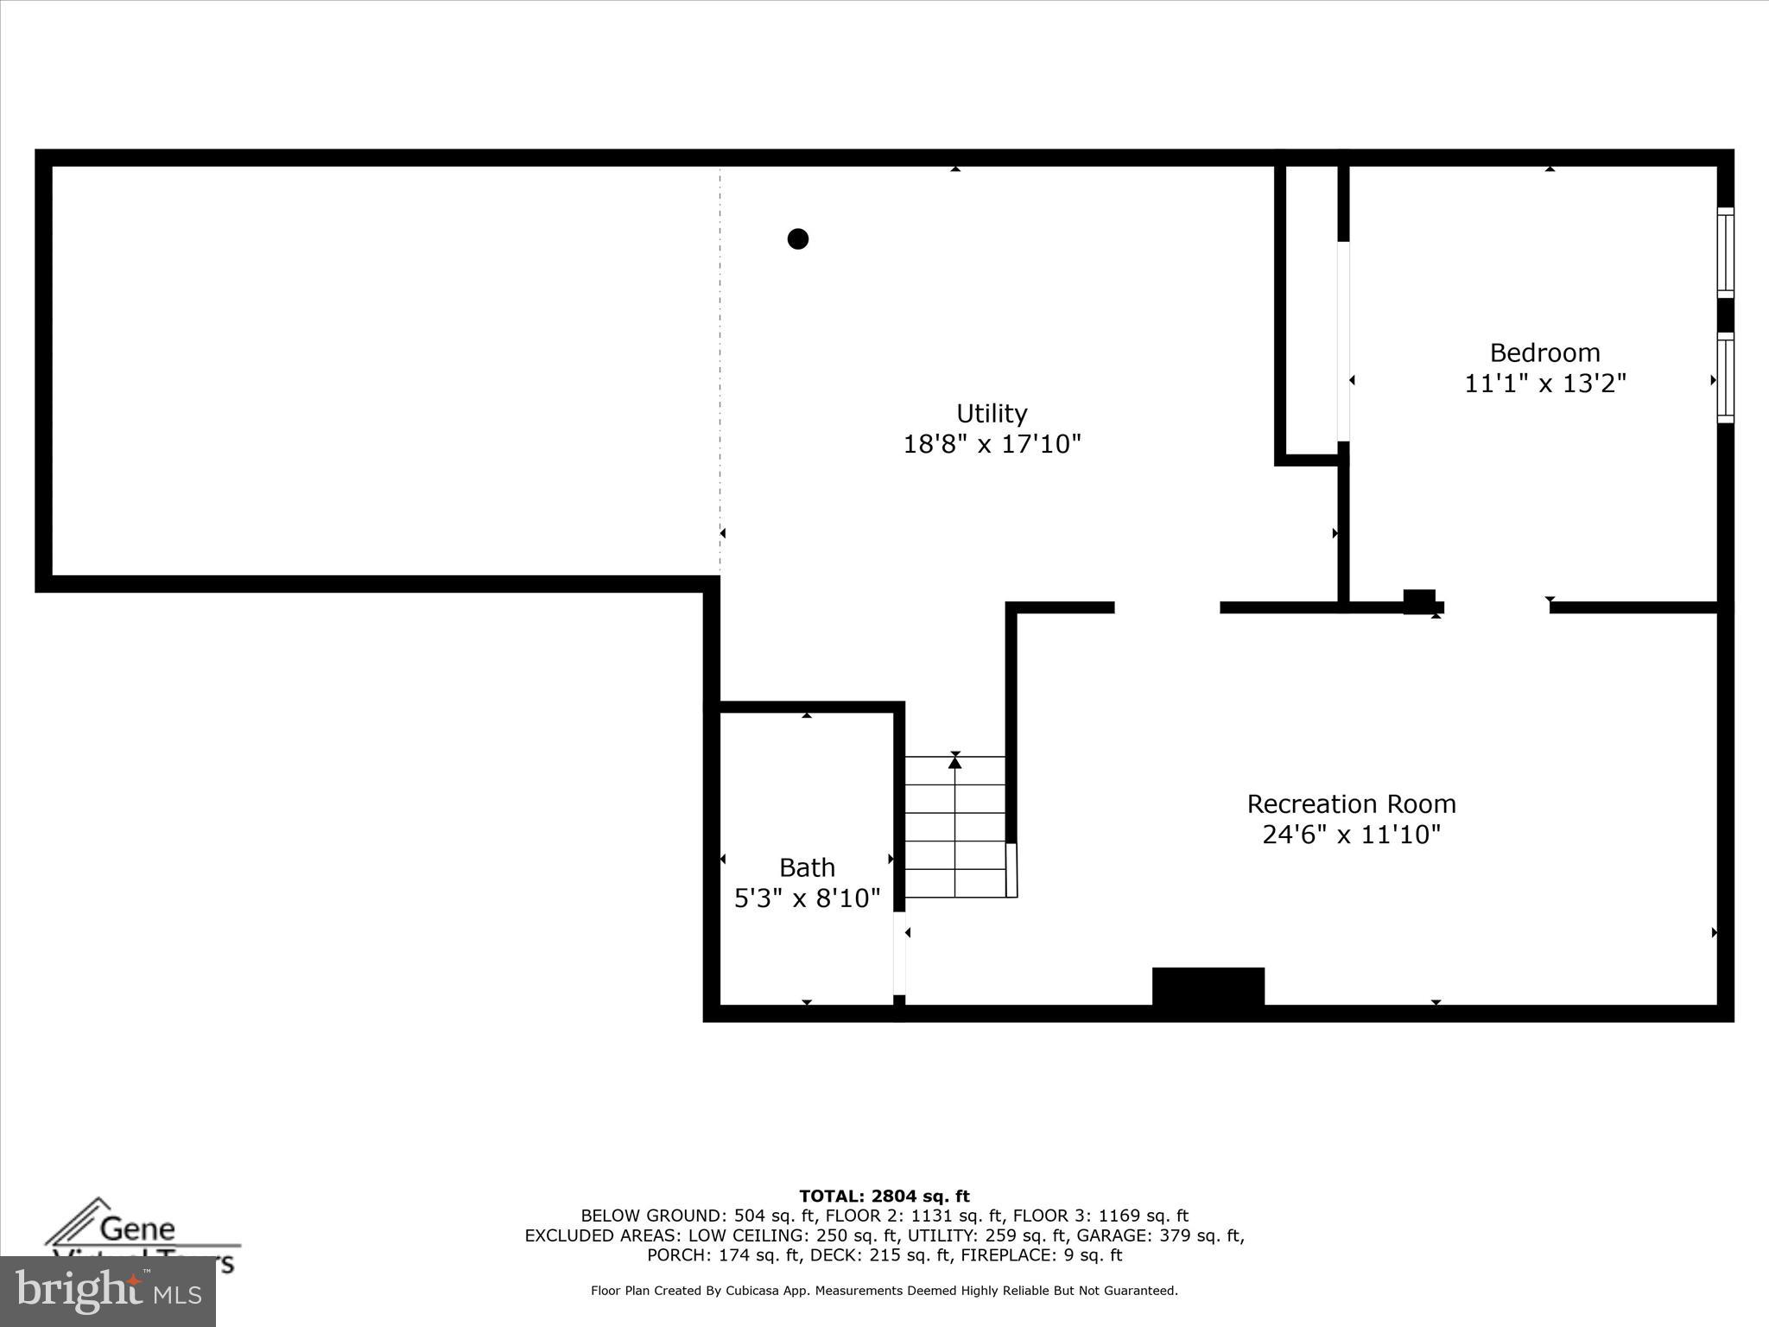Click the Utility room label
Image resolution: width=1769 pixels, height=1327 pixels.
[x=992, y=413]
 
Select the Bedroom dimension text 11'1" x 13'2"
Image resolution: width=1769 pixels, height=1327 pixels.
[x=1544, y=383]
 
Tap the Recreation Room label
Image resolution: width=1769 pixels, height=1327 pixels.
[x=1351, y=804]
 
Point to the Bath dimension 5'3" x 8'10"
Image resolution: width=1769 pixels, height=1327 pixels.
[x=807, y=898]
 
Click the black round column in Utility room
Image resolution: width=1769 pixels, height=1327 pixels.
[x=797, y=238]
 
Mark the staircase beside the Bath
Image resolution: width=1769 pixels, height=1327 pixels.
[x=954, y=827]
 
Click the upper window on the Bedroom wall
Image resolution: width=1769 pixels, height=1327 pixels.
[x=1724, y=252]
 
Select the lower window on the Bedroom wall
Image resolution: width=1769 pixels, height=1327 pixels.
[x=1724, y=378]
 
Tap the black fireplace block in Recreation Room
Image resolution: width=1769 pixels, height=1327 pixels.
[x=1208, y=987]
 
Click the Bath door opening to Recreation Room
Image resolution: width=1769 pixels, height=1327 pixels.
[x=898, y=954]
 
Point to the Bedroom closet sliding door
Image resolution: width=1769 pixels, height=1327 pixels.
[x=1342, y=341]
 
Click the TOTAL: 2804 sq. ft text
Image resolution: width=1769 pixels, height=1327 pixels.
[x=884, y=1197]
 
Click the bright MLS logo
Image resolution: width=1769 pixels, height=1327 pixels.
[x=107, y=1292]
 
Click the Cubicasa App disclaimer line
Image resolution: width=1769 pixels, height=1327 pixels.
[x=884, y=1291]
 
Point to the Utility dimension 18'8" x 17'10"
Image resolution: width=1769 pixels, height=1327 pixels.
[x=992, y=444]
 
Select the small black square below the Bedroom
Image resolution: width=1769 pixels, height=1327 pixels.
[x=1418, y=601]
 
